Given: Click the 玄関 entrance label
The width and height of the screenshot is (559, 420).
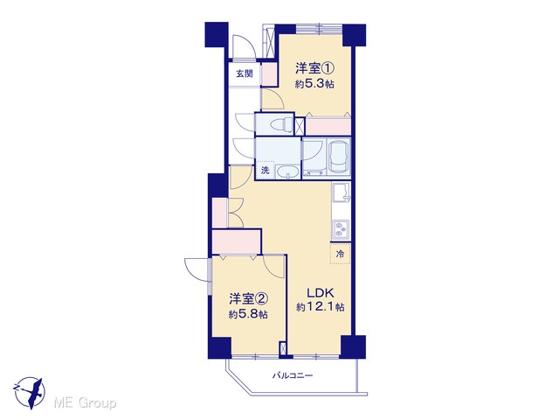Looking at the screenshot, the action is tap(245, 73).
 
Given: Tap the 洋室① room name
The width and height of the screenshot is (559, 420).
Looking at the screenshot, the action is tap(314, 68).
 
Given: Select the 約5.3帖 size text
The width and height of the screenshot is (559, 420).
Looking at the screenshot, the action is tap(314, 84).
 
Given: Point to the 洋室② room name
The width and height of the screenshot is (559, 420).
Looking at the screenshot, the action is tap(248, 297).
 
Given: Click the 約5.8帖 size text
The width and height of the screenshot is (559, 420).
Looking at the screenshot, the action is tap(248, 314).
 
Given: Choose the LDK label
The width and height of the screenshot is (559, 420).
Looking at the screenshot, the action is tap(321, 293).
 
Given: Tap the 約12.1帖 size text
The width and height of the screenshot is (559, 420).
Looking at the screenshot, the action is tap(321, 307).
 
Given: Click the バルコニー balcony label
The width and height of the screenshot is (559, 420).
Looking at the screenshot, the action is tap(293, 375).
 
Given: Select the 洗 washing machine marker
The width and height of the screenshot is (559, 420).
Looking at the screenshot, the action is tap(265, 171).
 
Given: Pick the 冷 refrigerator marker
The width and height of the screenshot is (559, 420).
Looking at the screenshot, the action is tap(341, 254).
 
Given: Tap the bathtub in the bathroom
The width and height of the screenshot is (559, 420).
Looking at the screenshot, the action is tap(339, 157).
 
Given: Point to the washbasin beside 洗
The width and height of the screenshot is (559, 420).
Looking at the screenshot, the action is tap(288, 172).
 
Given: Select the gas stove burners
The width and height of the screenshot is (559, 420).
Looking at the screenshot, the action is tap(341, 229).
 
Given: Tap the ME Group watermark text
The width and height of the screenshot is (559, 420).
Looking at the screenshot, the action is tap(85, 403).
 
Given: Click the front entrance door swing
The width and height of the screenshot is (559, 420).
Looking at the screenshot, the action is tap(243, 46).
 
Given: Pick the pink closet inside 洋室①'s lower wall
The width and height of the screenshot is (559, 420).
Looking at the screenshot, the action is tap(328, 126).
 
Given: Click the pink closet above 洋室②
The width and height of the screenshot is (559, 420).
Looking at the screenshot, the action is tap(237, 241).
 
